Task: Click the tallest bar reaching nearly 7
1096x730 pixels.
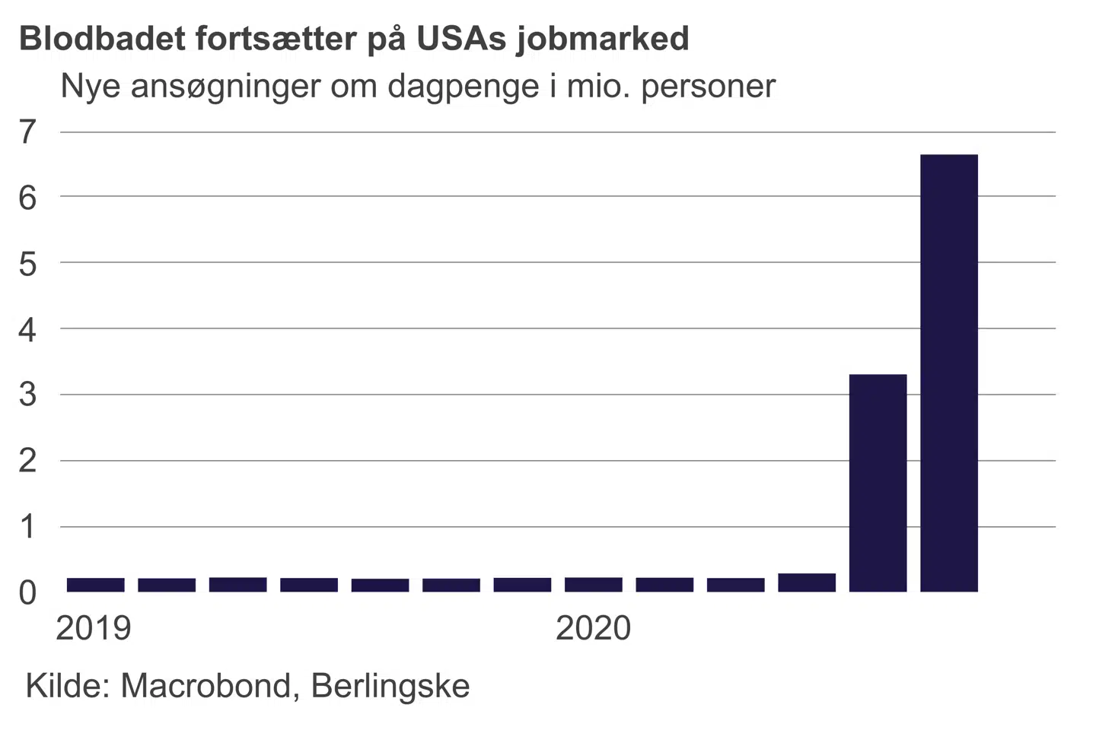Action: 948,373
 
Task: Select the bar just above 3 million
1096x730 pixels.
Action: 878,483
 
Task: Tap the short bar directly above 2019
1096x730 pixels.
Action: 95,585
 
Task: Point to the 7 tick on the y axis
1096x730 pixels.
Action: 27,132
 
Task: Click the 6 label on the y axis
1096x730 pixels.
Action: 27,198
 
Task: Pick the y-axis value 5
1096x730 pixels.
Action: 27,264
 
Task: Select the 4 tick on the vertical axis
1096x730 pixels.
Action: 27,330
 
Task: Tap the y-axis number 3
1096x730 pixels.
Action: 27,395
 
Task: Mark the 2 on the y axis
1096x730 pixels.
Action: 27,461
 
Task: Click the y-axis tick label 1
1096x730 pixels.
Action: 27,526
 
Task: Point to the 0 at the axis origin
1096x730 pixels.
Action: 27,593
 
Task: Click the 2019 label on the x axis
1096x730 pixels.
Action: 94,628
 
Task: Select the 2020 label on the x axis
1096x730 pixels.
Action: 593,628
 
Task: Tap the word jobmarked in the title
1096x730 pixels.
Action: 602,39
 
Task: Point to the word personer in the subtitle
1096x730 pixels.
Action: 708,86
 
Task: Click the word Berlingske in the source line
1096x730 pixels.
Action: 390,686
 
